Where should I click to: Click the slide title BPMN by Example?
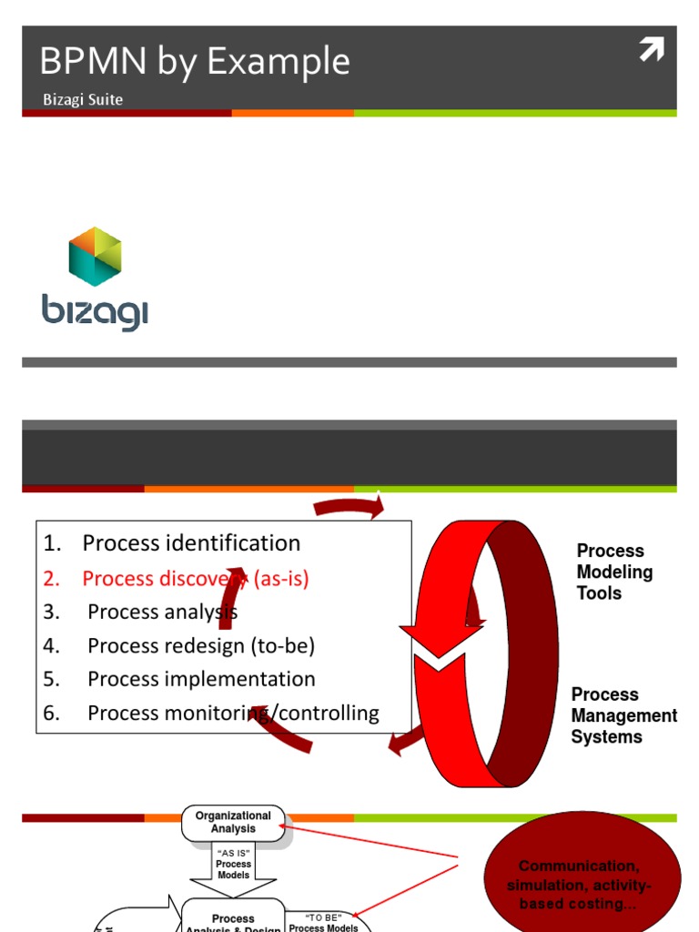[194, 62]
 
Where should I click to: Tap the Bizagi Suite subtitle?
[83, 99]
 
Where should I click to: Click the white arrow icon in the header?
[651, 50]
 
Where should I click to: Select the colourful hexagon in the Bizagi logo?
[96, 257]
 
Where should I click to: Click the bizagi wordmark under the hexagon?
[95, 312]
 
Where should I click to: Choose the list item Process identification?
[191, 543]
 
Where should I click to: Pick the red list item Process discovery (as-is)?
[196, 578]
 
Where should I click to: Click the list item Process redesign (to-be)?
[201, 646]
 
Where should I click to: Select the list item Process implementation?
[201, 680]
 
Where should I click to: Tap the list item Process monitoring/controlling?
[233, 714]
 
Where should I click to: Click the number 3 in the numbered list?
[51, 613]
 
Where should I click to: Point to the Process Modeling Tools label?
[614, 572]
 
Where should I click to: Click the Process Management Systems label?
[623, 715]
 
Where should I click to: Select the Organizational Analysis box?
[234, 823]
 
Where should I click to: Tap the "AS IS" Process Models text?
[234, 864]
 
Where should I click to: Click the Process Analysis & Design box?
[234, 921]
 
